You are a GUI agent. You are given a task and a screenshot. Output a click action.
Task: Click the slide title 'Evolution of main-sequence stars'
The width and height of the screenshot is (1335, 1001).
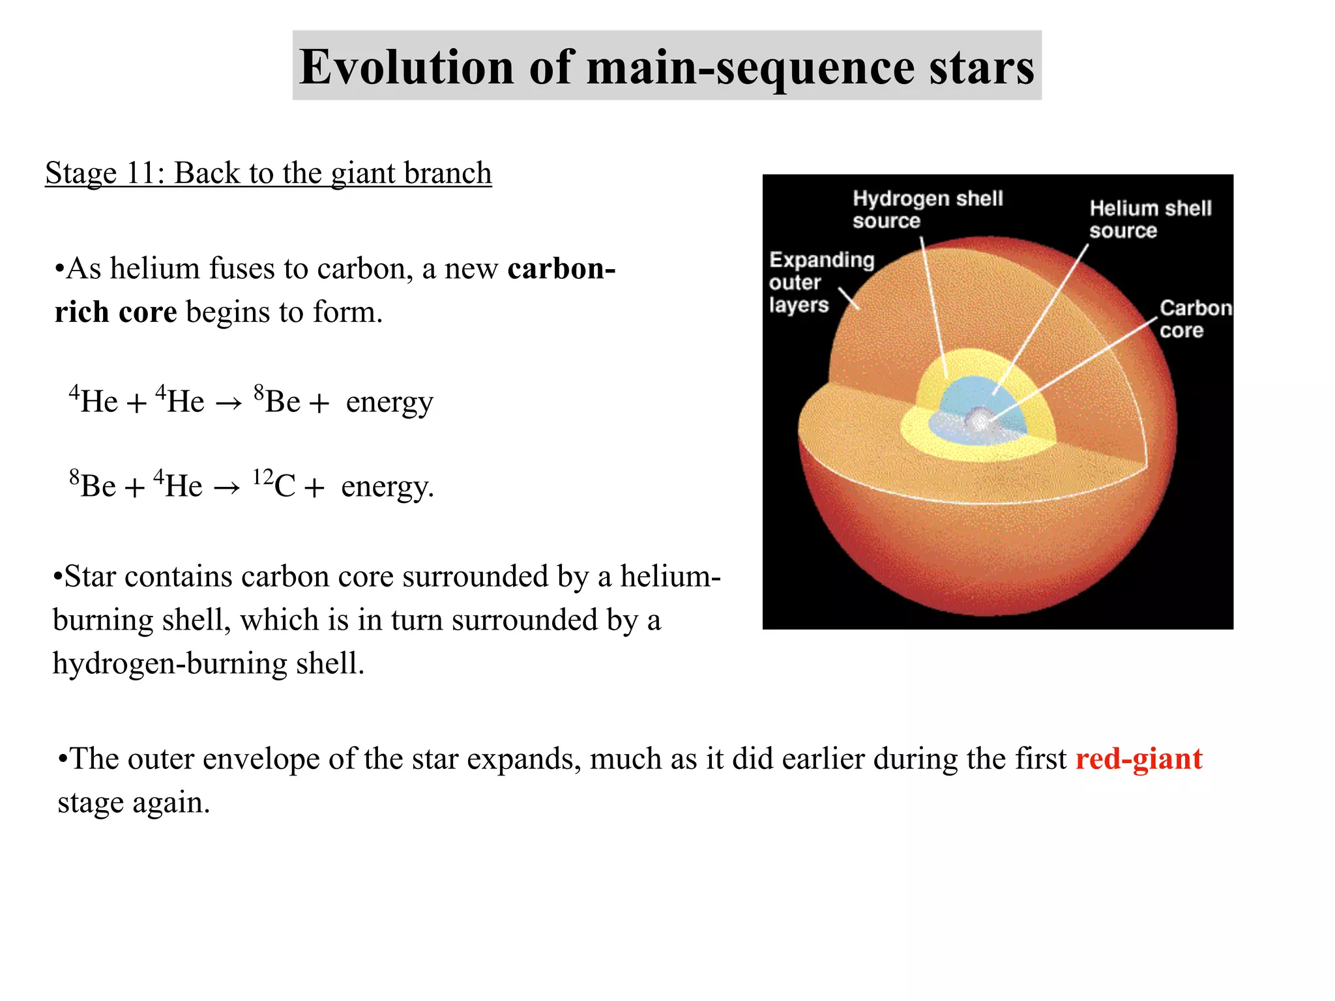[x=666, y=66]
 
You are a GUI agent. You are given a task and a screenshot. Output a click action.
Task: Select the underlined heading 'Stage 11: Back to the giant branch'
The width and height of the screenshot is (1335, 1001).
[x=268, y=173]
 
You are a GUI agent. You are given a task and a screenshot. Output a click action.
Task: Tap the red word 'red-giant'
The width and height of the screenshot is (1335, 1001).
[x=1138, y=759]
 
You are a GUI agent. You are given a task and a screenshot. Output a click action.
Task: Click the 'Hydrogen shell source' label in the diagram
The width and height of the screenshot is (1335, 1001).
[x=927, y=209]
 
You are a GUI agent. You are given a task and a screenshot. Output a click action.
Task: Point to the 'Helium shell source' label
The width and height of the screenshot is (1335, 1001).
[x=1150, y=219]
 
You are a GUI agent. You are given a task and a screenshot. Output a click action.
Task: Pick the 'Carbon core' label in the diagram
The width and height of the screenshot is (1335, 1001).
[x=1194, y=319]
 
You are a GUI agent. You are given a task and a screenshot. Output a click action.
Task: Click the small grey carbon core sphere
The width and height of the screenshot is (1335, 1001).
[x=978, y=418]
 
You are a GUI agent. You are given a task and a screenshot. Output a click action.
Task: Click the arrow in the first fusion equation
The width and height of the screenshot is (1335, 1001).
[x=229, y=403]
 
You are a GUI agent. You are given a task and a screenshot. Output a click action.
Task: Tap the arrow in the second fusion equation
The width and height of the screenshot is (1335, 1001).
[x=227, y=488]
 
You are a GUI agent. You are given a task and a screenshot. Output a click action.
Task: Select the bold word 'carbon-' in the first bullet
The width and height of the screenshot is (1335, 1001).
[x=561, y=268]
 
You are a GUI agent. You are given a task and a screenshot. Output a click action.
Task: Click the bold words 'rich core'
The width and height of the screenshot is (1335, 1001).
[x=115, y=312]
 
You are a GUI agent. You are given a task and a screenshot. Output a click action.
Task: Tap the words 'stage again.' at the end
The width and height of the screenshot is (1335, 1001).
[x=134, y=802]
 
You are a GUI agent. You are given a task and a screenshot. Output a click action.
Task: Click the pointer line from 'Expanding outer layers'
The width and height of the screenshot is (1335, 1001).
[x=848, y=298]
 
